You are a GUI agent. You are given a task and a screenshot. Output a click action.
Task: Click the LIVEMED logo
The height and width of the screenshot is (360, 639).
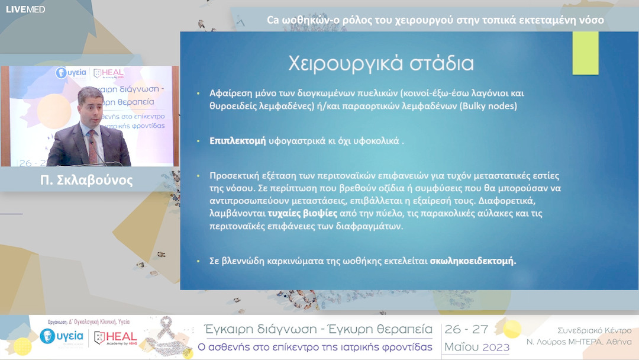[x=25, y=9]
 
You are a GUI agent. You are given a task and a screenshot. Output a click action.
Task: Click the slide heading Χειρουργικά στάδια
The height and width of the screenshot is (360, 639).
[x=381, y=63]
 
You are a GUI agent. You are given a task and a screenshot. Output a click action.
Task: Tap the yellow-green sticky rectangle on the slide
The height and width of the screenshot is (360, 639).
[x=585, y=53]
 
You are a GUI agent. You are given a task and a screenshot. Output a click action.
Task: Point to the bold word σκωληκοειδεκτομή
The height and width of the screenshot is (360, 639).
[x=473, y=261]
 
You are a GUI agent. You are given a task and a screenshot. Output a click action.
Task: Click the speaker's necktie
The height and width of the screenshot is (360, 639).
[x=92, y=146]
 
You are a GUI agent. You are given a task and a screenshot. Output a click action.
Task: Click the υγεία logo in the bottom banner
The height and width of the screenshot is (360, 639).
[x=62, y=337]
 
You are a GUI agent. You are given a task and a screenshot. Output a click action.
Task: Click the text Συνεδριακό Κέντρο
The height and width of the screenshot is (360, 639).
[x=594, y=330]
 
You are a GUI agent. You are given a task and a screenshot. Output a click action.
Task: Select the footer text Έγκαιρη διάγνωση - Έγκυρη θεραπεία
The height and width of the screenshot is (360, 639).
[x=318, y=330]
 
